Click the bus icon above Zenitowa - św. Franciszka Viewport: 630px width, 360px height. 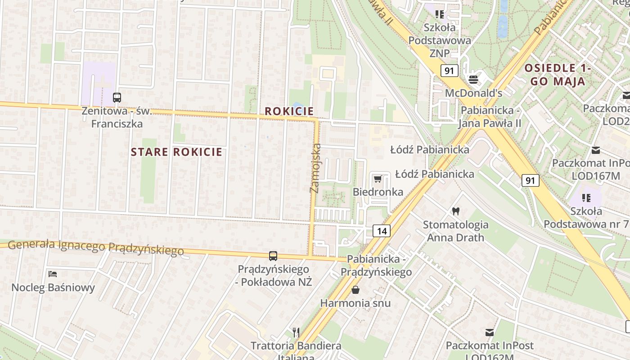tap(117, 97)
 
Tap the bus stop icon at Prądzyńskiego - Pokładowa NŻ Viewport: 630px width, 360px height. tap(273, 256)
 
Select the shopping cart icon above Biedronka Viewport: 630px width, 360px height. tap(378, 179)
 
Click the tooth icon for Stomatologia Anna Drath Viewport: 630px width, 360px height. tap(455, 211)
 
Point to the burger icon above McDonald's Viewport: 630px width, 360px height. tap(473, 80)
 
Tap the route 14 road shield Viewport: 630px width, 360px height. tap(382, 231)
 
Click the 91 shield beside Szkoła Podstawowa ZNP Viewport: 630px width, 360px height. tap(449, 71)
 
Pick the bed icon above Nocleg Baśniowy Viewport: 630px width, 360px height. tap(53, 274)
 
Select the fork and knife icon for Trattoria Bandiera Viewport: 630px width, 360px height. tap(296, 333)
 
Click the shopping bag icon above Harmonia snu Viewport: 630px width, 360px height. tap(355, 290)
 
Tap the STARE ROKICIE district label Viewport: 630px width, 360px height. tap(176, 152)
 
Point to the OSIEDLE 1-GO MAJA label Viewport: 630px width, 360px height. tap(558, 75)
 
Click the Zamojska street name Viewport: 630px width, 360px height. tap(315, 168)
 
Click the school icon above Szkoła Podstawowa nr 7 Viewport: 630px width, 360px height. tap(586, 198)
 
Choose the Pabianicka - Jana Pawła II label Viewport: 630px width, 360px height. tap(490, 117)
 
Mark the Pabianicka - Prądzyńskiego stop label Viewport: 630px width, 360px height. tap(376, 265)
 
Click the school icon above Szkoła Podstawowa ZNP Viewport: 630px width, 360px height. tap(440, 14)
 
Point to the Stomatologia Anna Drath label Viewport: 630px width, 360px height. tap(455, 231)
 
